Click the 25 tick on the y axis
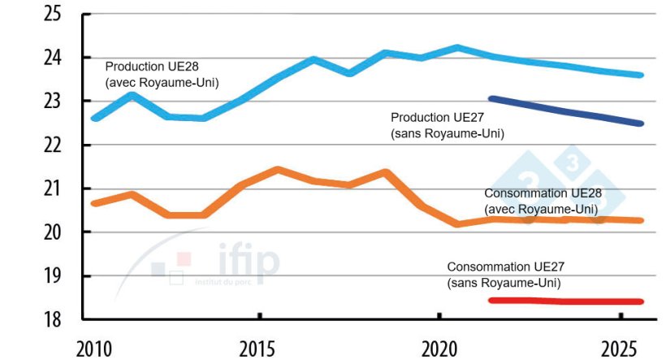point(51,14)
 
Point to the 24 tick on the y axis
point(51,58)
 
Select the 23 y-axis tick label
point(51,102)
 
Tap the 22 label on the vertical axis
point(51,145)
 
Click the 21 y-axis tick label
point(51,189)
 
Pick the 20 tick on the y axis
point(51,232)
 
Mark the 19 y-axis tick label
point(51,276)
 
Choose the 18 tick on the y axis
point(51,319)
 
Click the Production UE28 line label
point(162,73)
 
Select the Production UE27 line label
point(448,125)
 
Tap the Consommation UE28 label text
point(540,201)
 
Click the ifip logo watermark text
point(249,261)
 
